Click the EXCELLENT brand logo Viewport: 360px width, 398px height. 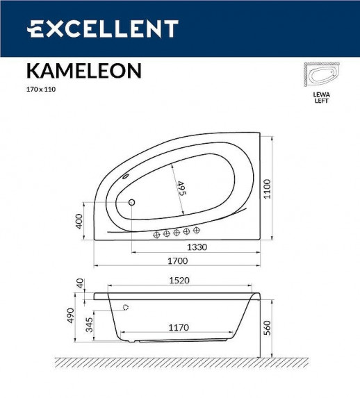(102, 29)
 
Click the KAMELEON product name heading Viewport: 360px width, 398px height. (84, 71)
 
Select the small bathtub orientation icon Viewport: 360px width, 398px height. (321, 76)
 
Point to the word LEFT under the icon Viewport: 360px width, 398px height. (321, 101)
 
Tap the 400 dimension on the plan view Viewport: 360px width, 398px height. (79, 221)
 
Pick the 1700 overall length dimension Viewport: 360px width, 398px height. (179, 261)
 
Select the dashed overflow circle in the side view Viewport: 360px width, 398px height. (126, 307)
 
